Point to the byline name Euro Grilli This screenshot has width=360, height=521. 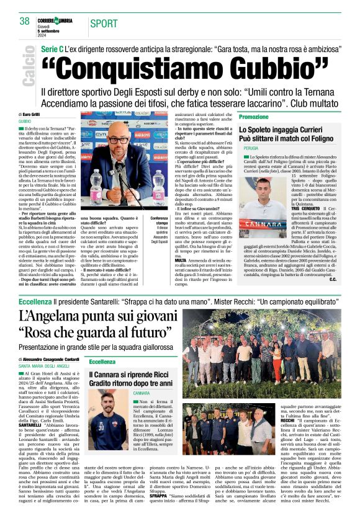[31, 115]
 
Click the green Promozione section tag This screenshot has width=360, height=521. [254, 117]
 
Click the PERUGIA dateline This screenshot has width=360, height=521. [251, 149]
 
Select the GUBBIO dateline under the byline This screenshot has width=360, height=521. [25, 122]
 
